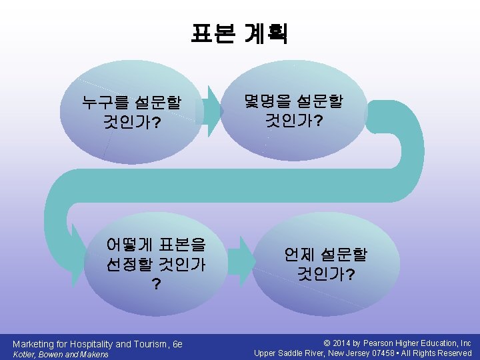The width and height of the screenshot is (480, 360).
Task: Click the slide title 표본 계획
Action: point(239,33)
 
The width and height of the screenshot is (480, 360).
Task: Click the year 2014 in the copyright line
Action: point(351,343)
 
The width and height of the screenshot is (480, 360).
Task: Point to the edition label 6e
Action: point(177,344)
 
